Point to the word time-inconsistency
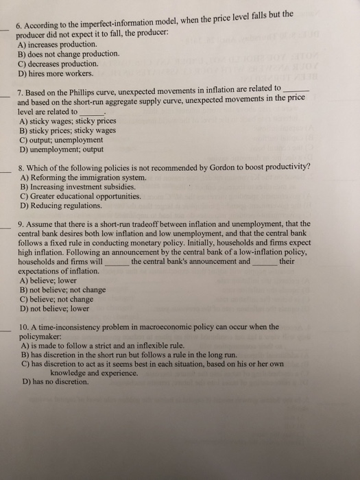(x=72, y=327)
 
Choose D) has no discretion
(x=56, y=382)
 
